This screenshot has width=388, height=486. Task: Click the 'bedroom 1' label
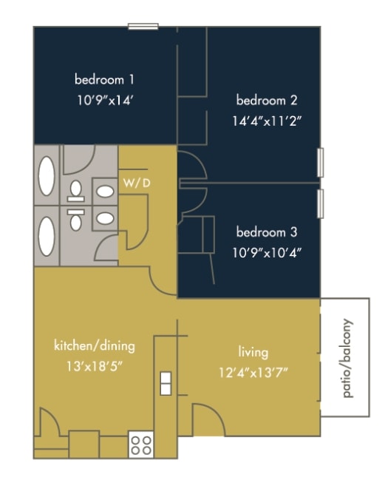104,79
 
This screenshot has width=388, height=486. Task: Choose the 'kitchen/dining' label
94,345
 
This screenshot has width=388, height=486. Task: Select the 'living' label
253,352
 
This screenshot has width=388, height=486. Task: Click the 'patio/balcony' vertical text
348,359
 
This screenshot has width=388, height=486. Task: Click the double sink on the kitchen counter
166,382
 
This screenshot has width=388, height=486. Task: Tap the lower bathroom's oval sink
105,219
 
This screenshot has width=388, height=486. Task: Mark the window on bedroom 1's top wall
143,27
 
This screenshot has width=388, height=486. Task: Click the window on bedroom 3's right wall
320,203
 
